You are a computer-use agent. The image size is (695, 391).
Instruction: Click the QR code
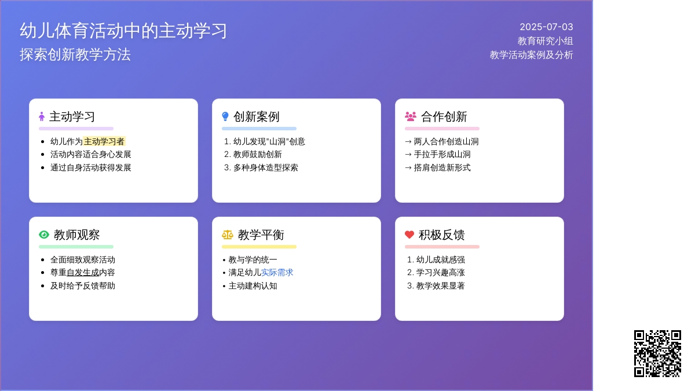click(x=657, y=353)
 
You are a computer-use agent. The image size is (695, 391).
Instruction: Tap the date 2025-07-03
click(x=546, y=27)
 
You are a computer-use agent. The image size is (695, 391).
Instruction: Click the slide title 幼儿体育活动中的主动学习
click(x=123, y=31)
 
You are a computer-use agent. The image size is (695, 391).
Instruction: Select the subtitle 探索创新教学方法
click(x=75, y=54)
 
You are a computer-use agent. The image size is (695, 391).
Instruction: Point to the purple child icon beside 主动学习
click(x=42, y=116)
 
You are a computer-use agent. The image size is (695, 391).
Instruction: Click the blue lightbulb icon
click(x=225, y=116)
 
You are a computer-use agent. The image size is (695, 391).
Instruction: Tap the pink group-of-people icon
click(x=411, y=116)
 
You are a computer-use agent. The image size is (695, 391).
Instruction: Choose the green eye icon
click(x=44, y=234)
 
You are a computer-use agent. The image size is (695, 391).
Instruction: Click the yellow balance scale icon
click(x=228, y=235)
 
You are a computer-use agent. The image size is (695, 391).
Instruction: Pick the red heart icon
click(x=409, y=234)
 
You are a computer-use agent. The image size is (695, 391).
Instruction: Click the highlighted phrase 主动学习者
click(x=104, y=141)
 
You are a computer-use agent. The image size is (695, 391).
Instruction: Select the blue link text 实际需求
click(x=277, y=272)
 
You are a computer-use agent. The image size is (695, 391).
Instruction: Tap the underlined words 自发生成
click(x=83, y=272)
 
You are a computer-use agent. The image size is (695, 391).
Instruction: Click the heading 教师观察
click(x=76, y=235)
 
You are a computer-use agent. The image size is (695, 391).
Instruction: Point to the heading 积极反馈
click(x=441, y=235)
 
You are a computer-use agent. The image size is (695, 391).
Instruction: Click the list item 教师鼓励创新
click(x=258, y=154)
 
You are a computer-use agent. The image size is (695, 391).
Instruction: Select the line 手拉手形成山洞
click(x=442, y=154)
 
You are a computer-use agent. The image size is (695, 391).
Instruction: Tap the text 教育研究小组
click(x=545, y=41)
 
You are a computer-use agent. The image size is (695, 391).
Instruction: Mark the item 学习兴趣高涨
click(x=440, y=272)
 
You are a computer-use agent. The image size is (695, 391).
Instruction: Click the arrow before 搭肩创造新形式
click(x=408, y=168)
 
